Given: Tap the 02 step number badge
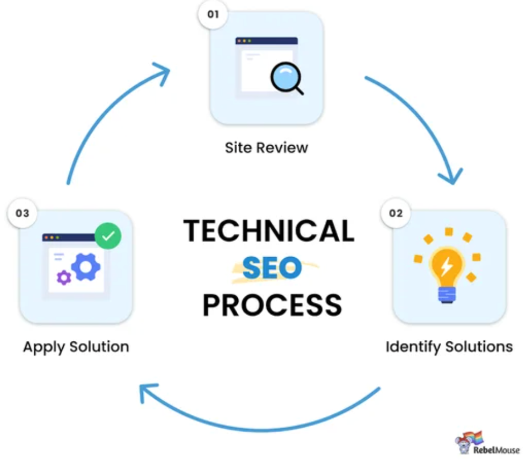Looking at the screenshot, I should (396, 213).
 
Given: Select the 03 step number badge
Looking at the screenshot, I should (22, 213).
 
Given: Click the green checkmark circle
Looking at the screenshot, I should (108, 236).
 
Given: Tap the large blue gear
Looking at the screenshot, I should (86, 266).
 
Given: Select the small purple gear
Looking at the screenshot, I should (64, 277).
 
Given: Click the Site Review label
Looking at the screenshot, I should (267, 147).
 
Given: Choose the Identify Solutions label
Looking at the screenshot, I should (449, 346).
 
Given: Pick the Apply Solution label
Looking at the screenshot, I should (76, 346).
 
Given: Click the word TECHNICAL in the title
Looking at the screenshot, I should (268, 231).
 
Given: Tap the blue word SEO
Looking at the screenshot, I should (272, 268).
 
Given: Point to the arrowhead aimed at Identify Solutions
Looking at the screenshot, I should (451, 175).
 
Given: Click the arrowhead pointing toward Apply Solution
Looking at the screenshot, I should (148, 394).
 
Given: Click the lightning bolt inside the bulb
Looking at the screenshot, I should (445, 266).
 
